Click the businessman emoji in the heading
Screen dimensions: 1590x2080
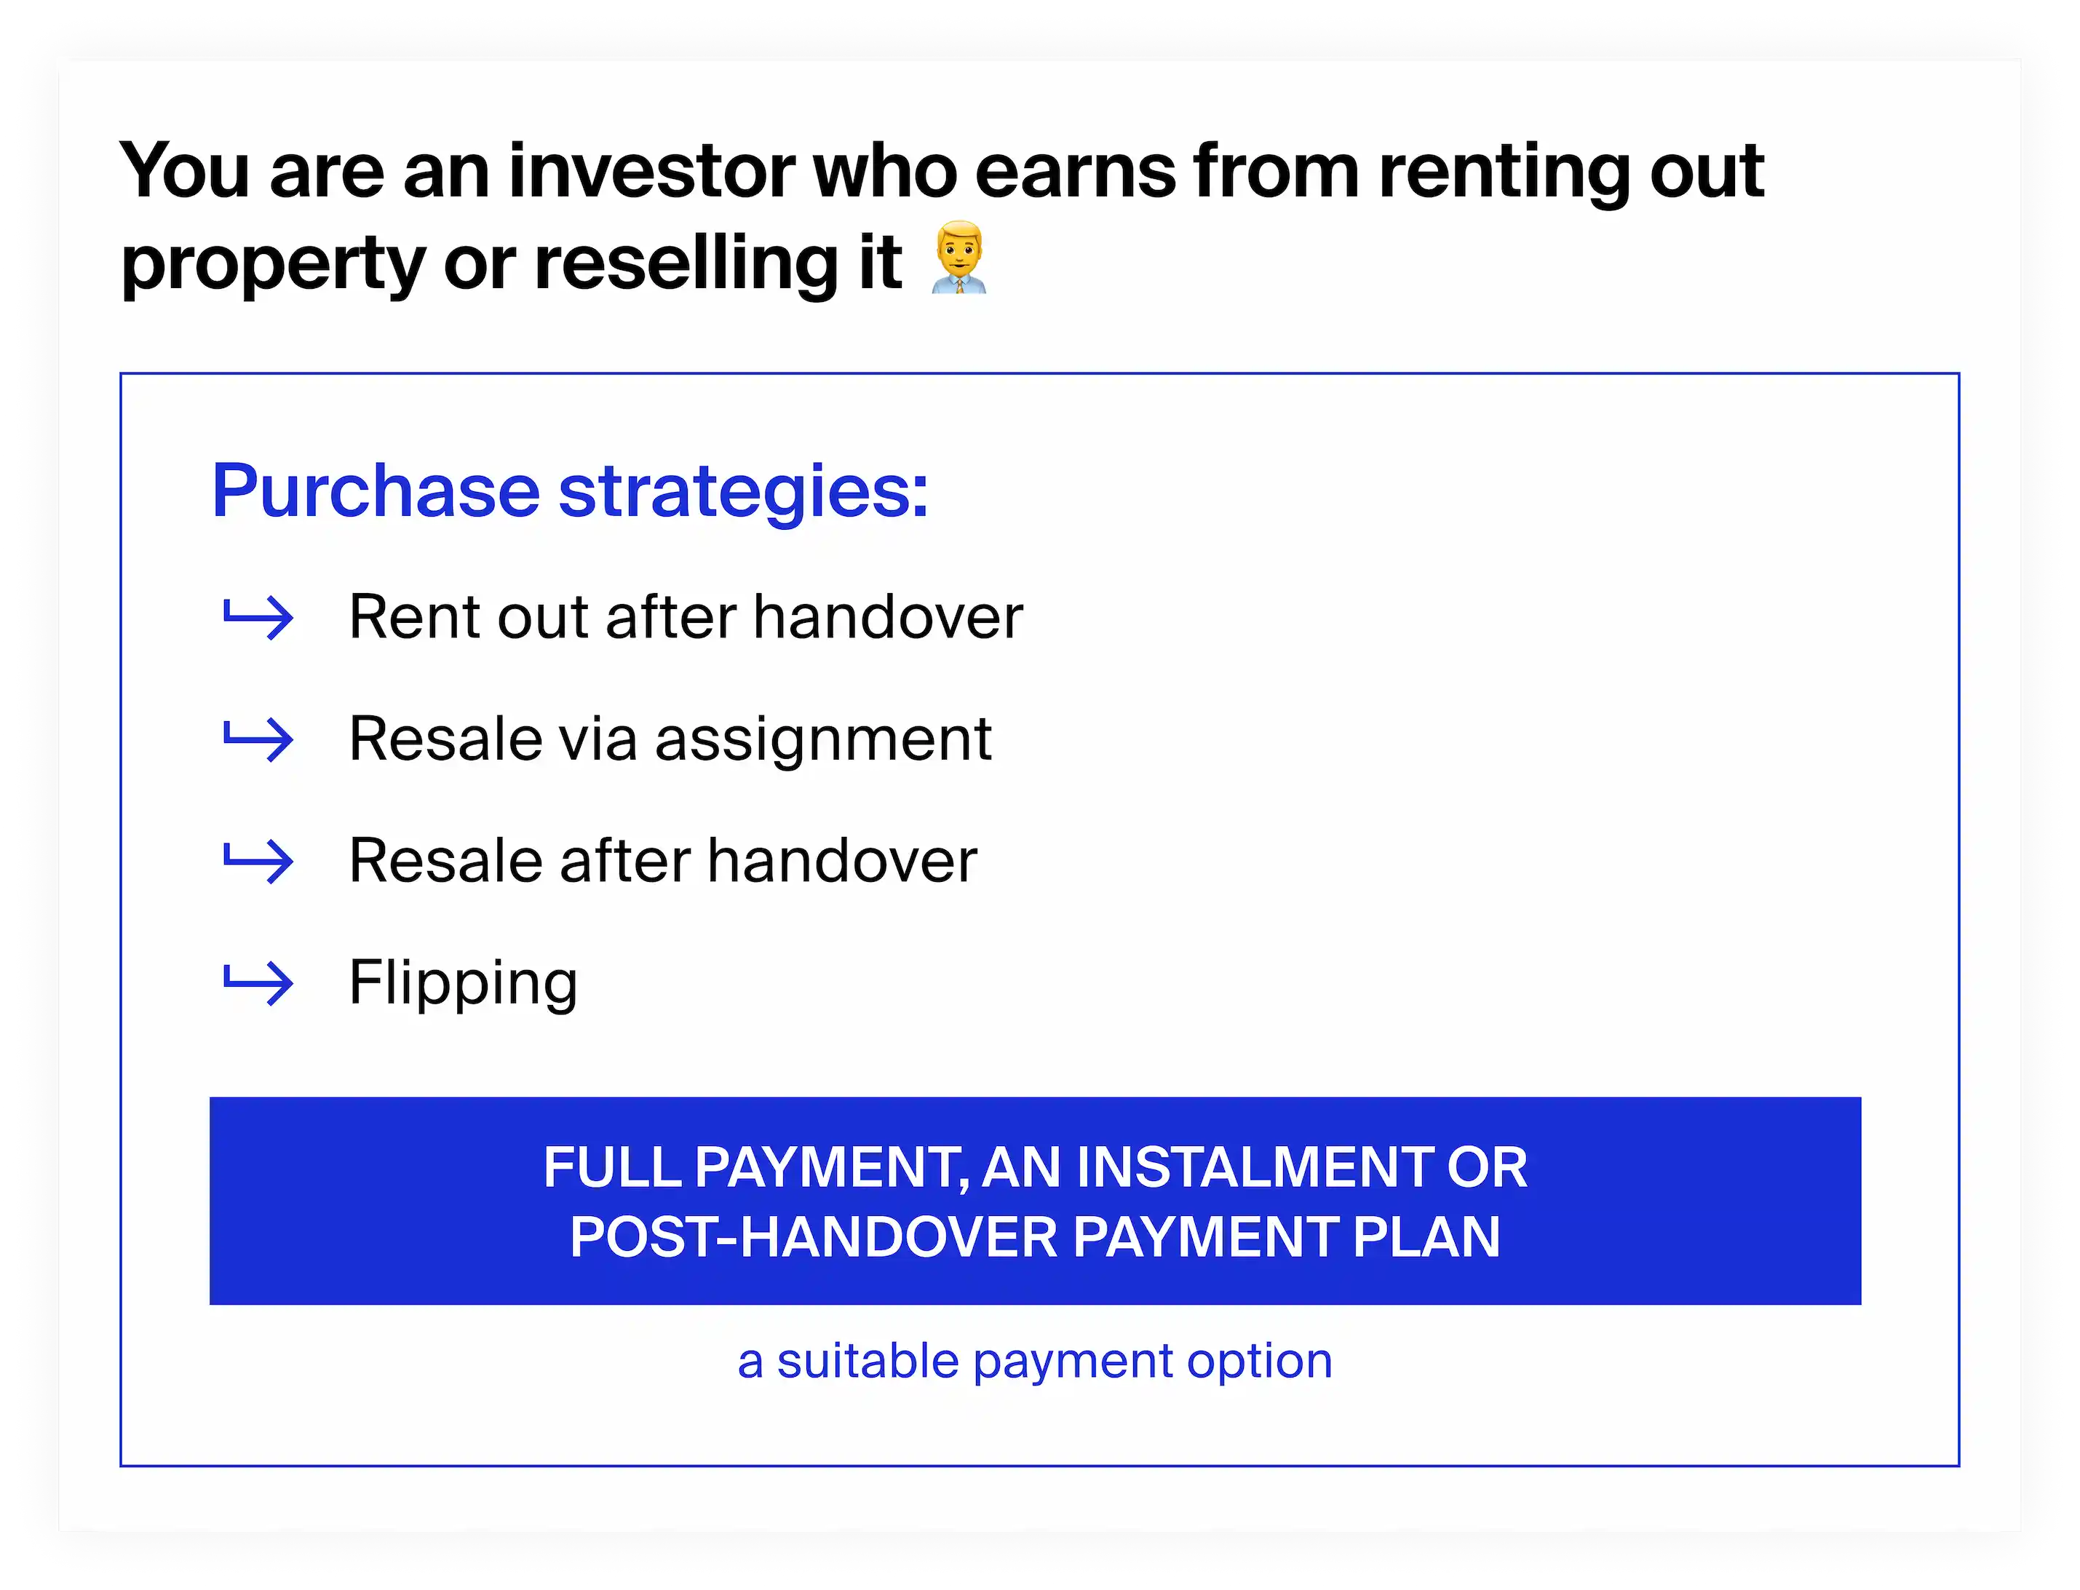click(959, 258)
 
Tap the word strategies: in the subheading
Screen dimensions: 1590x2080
click(744, 492)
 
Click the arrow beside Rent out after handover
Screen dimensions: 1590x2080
click(258, 618)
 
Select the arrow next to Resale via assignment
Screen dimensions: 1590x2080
click(258, 739)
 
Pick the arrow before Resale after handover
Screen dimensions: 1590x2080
click(258, 862)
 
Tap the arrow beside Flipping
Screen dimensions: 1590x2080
click(258, 982)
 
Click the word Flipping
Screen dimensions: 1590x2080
click(463, 982)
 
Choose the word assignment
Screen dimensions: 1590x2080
click(823, 739)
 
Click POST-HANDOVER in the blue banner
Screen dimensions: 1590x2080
click(813, 1236)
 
